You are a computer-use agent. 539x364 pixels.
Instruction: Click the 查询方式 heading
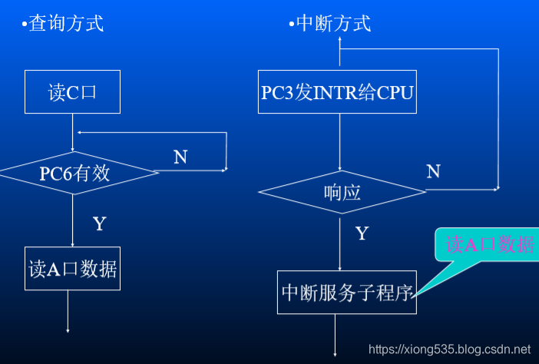click(x=66, y=24)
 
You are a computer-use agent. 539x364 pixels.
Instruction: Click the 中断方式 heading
click(x=333, y=24)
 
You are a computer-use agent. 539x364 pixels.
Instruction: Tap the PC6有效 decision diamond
click(x=74, y=173)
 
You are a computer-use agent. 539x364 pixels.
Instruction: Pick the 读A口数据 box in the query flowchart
click(x=73, y=269)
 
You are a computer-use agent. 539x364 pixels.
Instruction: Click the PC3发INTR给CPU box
click(x=337, y=93)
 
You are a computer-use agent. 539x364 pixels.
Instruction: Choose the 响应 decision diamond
click(x=342, y=193)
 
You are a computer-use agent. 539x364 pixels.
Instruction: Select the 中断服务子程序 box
click(x=346, y=292)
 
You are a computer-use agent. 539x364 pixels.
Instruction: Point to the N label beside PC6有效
click(x=180, y=157)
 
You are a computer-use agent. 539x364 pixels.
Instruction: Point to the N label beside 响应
click(x=433, y=171)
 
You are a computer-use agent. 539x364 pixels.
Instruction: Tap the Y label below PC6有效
click(x=99, y=224)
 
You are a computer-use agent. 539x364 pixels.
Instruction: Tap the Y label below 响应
click(x=362, y=233)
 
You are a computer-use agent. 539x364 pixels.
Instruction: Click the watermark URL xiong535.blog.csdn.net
click(x=449, y=349)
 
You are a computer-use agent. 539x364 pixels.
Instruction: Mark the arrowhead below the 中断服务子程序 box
click(x=336, y=354)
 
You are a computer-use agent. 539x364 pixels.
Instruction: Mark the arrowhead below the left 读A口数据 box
click(x=68, y=330)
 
